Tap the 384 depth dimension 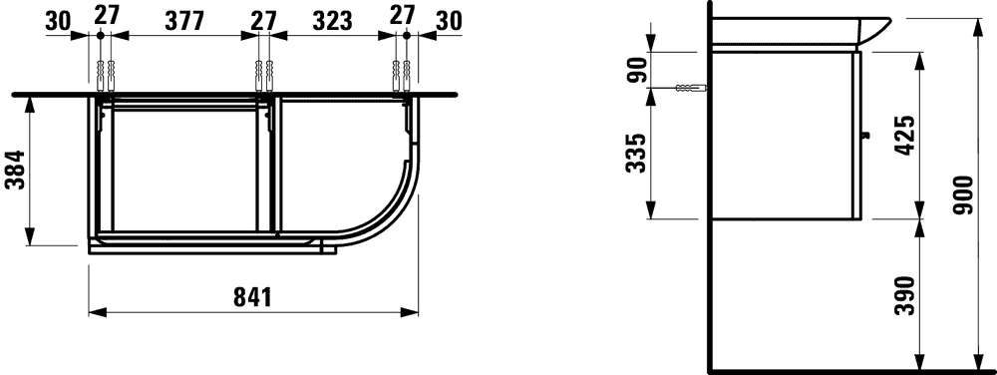pyautogui.click(x=14, y=170)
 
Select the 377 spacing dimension pyautogui.click(x=184, y=21)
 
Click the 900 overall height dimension pyautogui.click(x=964, y=194)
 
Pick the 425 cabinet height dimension pyautogui.click(x=904, y=135)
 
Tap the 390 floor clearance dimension pyautogui.click(x=904, y=296)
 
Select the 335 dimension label pyautogui.click(x=635, y=154)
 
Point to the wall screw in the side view pyautogui.click(x=691, y=88)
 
